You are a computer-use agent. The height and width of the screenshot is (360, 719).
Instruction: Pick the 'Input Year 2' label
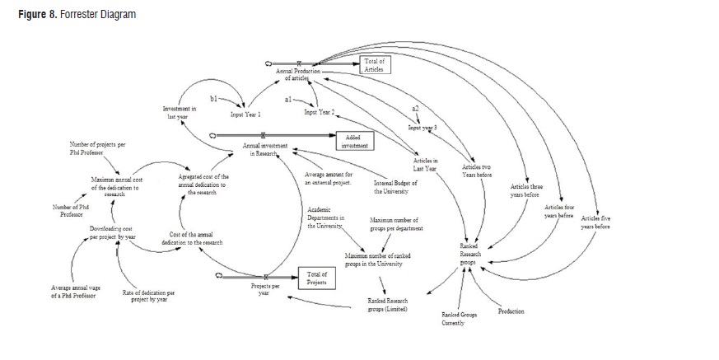320,112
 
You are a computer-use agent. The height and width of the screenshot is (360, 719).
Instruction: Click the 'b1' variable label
214,100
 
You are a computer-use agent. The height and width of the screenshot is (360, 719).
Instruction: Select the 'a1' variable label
288,99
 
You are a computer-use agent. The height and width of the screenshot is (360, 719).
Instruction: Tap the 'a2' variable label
415,109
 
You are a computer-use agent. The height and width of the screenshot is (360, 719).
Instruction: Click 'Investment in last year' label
180,113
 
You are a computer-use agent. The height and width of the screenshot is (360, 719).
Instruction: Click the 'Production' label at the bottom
511,311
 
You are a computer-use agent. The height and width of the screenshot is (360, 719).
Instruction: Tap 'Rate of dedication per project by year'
149,296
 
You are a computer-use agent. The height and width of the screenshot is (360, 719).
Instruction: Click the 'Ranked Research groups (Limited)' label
387,305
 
